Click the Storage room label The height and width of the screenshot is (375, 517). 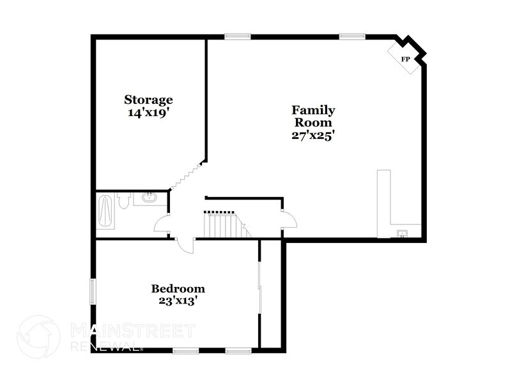(148, 100)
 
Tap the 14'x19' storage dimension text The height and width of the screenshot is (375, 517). (148, 112)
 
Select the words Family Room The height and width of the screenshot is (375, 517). (313, 117)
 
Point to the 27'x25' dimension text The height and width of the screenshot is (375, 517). (313, 135)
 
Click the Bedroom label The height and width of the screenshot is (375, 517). (178, 288)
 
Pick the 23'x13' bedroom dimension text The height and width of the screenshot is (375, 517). (178, 300)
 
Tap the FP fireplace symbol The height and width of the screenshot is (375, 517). (405, 59)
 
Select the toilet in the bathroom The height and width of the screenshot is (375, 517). (125, 200)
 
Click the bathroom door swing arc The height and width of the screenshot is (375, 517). (162, 224)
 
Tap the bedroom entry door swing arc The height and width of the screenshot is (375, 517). (185, 245)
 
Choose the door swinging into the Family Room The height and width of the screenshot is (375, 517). (289, 219)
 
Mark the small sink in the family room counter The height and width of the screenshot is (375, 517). (402, 232)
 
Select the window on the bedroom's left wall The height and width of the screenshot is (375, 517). (93, 291)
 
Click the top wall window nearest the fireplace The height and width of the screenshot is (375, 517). (352, 36)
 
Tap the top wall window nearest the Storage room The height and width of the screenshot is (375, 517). (237, 36)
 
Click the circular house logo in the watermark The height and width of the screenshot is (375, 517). (38, 337)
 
